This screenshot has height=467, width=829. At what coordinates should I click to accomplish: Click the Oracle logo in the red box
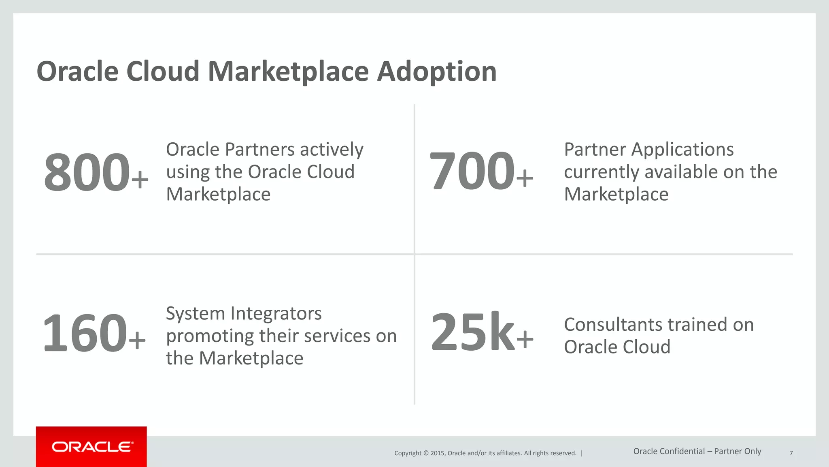tap(92, 447)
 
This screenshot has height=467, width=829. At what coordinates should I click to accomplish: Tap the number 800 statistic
tap(87, 172)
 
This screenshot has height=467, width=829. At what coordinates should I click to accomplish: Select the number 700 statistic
tap(472, 171)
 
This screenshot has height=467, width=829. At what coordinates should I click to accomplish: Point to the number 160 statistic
tap(85, 333)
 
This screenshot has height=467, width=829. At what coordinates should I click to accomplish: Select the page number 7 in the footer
tap(791, 453)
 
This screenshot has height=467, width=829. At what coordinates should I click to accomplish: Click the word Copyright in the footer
tap(408, 453)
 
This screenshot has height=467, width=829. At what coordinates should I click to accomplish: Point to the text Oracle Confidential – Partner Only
tap(697, 451)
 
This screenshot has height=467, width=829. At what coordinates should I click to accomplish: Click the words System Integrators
tap(244, 313)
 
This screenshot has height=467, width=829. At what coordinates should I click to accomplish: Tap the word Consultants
tap(613, 325)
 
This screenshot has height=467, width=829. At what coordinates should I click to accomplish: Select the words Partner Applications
tap(648, 150)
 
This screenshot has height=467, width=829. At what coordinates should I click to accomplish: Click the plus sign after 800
tap(140, 179)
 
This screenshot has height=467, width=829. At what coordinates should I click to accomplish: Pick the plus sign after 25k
tap(525, 339)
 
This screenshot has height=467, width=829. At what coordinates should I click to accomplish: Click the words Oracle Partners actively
tap(265, 150)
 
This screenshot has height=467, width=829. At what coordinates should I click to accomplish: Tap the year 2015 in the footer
tap(438, 453)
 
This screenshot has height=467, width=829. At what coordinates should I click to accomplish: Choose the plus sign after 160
tap(137, 340)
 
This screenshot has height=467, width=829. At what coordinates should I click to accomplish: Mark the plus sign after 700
tap(525, 178)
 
